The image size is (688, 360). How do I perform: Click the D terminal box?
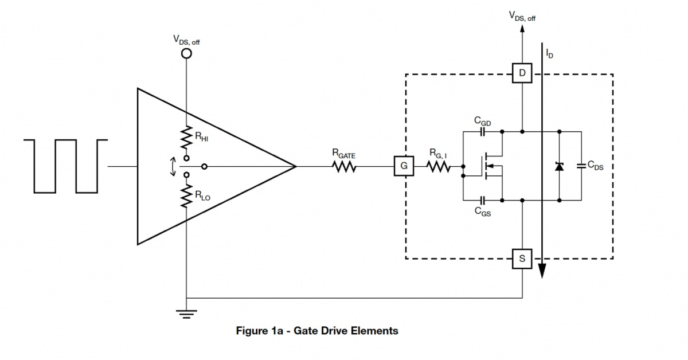(522, 73)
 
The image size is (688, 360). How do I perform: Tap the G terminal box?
(404, 167)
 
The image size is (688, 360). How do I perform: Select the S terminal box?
(522, 259)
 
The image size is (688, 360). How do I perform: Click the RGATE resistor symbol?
(344, 167)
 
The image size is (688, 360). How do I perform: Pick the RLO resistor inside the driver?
(186, 196)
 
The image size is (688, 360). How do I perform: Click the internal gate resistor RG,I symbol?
(439, 167)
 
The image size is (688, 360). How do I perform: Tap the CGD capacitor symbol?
(482, 131)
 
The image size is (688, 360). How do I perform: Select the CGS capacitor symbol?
(482, 201)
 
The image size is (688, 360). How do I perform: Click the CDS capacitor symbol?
(581, 166)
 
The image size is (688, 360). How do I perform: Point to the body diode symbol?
(559, 166)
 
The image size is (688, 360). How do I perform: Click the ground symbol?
(186, 313)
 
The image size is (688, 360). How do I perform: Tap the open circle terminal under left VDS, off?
(186, 54)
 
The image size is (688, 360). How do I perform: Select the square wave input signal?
(66, 165)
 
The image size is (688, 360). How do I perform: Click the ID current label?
(550, 54)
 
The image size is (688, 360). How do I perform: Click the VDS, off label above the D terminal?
(522, 15)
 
